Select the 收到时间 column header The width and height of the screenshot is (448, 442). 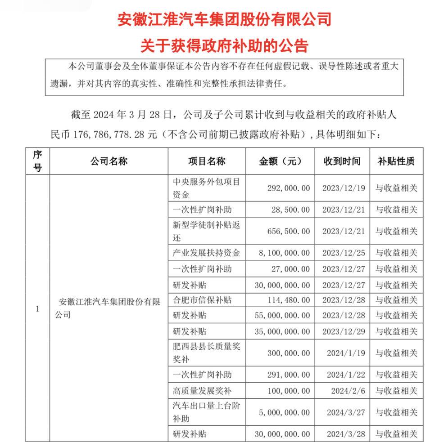(342, 161)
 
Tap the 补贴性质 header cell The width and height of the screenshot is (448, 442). (396, 161)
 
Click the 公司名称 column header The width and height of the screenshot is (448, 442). (109, 161)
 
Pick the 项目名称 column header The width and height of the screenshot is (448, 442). (207, 161)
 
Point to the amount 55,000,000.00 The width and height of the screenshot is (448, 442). (282, 315)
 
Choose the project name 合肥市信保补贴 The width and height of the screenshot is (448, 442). (203, 299)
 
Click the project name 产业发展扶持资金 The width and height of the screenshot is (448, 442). (207, 253)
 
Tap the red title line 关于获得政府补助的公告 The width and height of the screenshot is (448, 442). (224, 46)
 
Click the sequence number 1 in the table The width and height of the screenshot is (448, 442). (37, 309)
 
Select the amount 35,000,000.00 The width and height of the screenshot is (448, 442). (282, 331)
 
